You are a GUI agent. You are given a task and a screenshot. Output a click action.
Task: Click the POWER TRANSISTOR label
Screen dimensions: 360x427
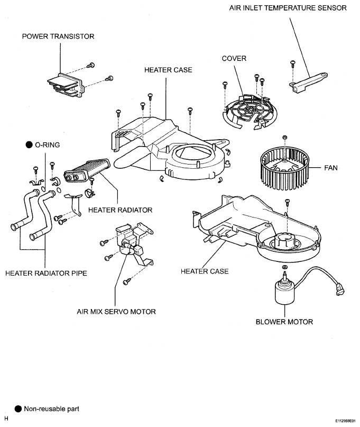coord(58,36)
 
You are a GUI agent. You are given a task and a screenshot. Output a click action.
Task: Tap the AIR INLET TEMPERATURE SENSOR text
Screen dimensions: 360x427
coord(288,7)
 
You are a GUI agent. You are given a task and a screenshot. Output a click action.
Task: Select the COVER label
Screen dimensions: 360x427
coord(234,58)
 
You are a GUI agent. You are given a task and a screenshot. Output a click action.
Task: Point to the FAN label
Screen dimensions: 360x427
coord(331,168)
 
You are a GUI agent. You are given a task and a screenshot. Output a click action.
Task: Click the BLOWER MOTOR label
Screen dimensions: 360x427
coord(284,322)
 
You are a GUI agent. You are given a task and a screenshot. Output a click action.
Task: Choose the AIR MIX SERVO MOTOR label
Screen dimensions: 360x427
coord(116,311)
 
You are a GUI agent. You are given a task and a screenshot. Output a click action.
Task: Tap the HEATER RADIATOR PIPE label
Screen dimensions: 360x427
coord(47,273)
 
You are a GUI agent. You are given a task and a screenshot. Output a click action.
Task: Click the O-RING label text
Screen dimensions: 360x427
coord(48,145)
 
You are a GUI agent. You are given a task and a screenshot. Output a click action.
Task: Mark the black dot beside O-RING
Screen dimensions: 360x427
coord(29,145)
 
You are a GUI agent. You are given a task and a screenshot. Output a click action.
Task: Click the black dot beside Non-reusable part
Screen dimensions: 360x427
coord(18,409)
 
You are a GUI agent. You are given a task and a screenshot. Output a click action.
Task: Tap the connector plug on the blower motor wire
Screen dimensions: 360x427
coord(340,289)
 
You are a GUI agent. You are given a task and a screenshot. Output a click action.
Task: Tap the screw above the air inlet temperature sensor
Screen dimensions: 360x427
coord(293,63)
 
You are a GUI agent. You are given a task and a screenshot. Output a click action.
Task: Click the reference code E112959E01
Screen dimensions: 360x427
coord(345,421)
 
